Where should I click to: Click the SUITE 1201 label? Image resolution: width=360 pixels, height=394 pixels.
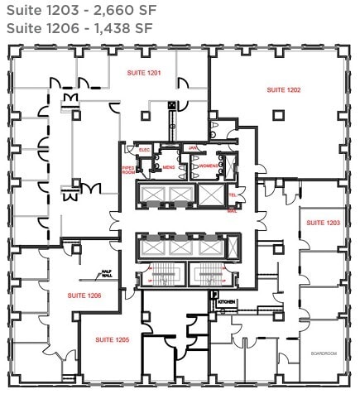click(144, 74)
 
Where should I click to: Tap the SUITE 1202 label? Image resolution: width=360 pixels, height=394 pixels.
click(283, 89)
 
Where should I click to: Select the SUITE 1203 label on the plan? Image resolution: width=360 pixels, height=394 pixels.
click(323, 223)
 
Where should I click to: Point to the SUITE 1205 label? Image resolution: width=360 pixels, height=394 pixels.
click(111, 339)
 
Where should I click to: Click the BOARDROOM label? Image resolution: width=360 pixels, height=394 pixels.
click(323, 353)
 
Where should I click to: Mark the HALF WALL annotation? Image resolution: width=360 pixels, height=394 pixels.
click(106, 273)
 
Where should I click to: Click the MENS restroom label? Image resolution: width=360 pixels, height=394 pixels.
click(168, 167)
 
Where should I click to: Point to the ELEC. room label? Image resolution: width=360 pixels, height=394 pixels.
click(144, 150)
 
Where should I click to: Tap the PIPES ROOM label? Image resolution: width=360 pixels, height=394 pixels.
click(128, 170)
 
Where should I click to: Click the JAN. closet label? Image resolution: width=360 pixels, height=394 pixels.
click(194, 148)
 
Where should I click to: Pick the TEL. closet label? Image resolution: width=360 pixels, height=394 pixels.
click(233, 196)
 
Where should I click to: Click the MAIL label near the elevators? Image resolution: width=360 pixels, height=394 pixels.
click(233, 211)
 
